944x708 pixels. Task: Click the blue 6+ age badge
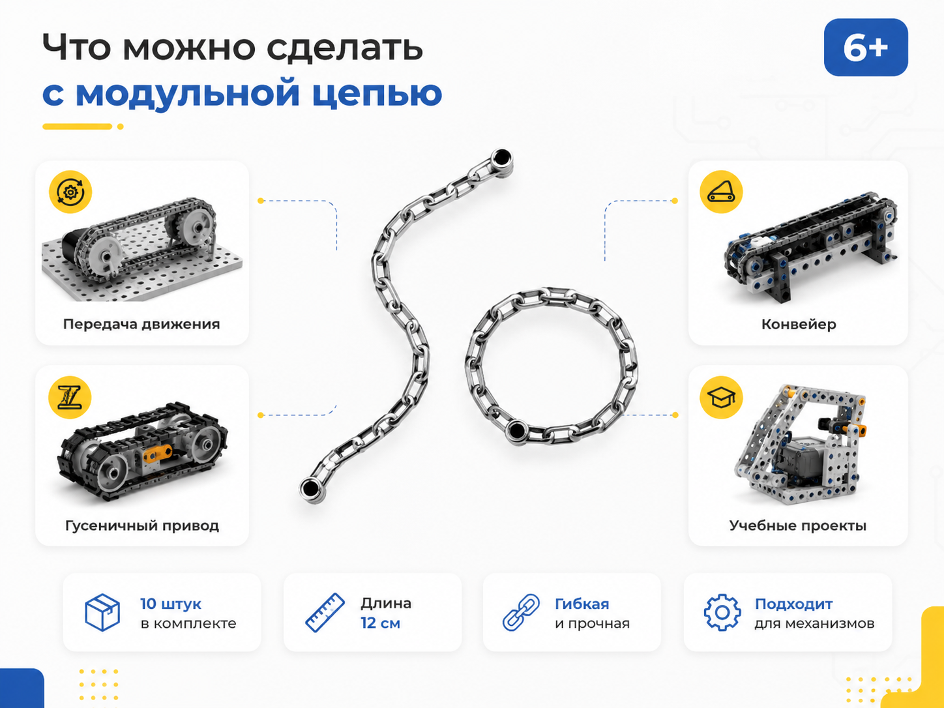pyautogui.click(x=865, y=48)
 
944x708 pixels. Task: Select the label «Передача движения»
pyautogui.click(x=141, y=324)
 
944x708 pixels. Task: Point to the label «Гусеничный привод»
pyautogui.click(x=142, y=525)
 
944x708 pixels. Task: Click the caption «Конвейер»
pyautogui.click(x=799, y=324)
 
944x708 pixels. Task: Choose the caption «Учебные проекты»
pyautogui.click(x=798, y=525)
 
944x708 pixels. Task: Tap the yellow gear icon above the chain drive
pyautogui.click(x=70, y=192)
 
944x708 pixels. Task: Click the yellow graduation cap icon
pyautogui.click(x=721, y=397)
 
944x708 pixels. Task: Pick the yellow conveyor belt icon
pyautogui.click(x=721, y=192)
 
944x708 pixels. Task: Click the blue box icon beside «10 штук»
pyautogui.click(x=102, y=612)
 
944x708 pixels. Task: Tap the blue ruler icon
pyautogui.click(x=325, y=613)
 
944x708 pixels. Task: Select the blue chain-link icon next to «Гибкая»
pyautogui.click(x=522, y=613)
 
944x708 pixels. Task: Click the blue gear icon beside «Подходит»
pyautogui.click(x=722, y=613)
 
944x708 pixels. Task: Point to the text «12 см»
pyautogui.click(x=380, y=623)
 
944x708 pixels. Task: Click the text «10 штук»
pyautogui.click(x=171, y=604)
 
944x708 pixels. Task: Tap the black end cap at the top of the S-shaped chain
pyautogui.click(x=501, y=158)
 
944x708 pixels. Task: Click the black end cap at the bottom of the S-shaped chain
pyautogui.click(x=310, y=488)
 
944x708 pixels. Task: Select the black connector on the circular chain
pyautogui.click(x=516, y=430)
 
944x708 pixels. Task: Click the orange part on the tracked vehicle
pyautogui.click(x=157, y=453)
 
